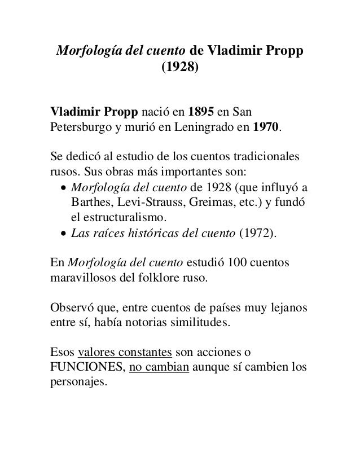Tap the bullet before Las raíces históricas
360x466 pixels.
(63, 234)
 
